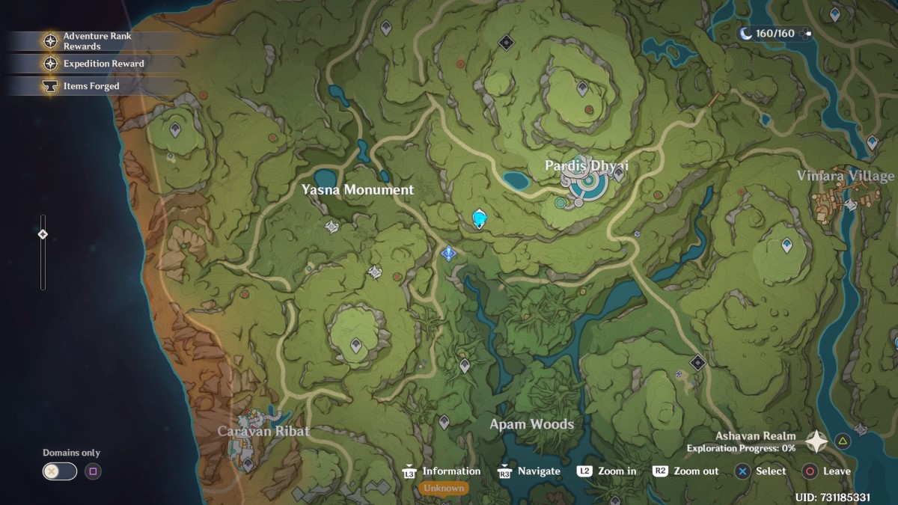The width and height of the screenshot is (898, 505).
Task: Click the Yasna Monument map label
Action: (357, 190)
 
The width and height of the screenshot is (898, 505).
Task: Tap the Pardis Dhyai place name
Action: (586, 165)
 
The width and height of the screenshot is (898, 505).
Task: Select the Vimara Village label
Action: (845, 176)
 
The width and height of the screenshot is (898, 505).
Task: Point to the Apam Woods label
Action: (531, 424)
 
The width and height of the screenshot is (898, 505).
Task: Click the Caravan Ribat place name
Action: (263, 431)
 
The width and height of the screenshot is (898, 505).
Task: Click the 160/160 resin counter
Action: (774, 34)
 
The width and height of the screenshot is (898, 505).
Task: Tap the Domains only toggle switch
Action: (59, 471)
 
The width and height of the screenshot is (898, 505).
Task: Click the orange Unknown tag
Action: (443, 489)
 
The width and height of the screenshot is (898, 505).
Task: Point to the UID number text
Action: (832, 498)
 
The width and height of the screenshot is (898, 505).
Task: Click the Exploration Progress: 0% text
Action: (741, 448)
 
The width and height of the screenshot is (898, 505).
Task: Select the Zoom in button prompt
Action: (607, 471)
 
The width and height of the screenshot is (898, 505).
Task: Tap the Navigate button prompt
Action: (529, 471)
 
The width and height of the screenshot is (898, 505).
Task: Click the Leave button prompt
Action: (826, 471)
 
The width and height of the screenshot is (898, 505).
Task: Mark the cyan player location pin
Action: (480, 218)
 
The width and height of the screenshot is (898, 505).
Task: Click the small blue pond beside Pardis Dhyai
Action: (515, 180)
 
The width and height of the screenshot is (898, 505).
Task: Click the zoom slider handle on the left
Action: (43, 234)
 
